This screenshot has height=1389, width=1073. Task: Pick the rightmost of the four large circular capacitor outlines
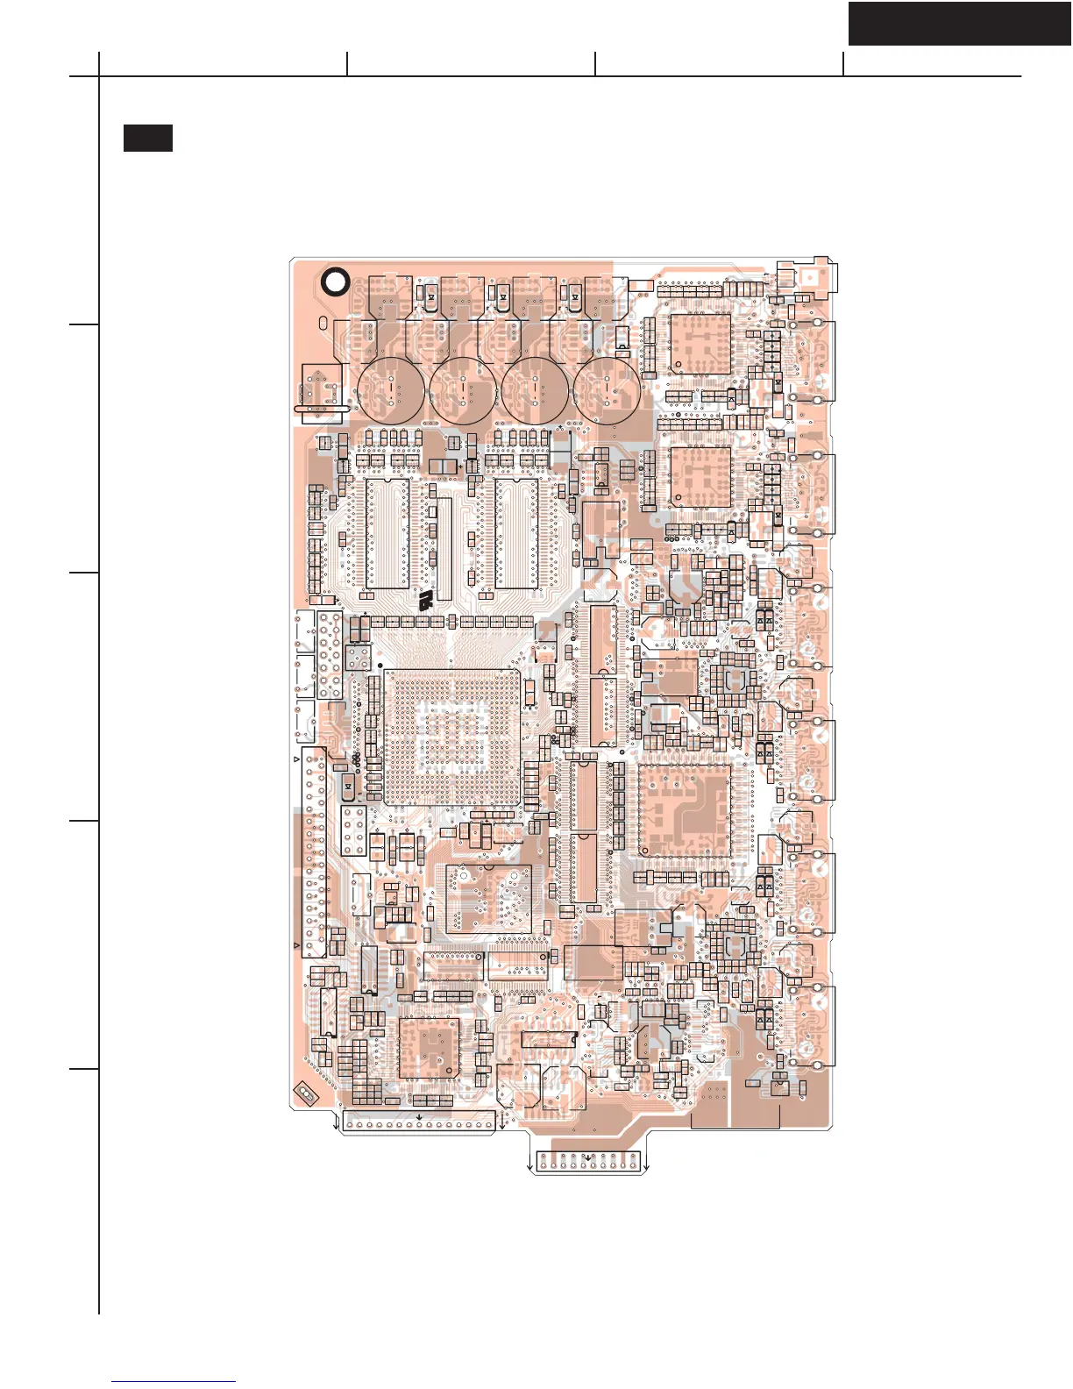pos(607,387)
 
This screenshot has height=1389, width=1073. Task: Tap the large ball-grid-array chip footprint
pos(451,737)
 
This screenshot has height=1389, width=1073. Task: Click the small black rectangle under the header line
pos(147,138)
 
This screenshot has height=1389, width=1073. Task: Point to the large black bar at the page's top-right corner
pos(959,24)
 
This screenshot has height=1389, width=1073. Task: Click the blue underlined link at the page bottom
pos(174,1381)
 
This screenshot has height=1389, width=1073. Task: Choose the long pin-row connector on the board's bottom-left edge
pos(418,1123)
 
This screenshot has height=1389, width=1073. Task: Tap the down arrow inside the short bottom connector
pos(588,1157)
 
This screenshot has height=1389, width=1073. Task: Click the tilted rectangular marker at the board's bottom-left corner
pos(306,1093)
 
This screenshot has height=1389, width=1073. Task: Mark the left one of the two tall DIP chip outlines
pos(387,533)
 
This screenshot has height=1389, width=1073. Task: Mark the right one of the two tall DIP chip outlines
pos(516,533)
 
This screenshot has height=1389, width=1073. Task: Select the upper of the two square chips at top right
pos(700,344)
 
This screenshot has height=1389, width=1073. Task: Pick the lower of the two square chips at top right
pos(700,476)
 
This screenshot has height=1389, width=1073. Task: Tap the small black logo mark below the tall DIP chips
pos(425,601)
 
